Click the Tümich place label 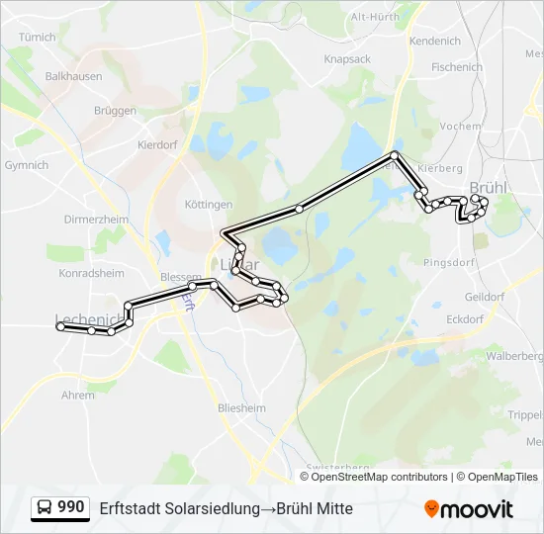point(38,37)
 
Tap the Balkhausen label point(72,74)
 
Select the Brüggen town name point(115,111)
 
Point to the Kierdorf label point(158,143)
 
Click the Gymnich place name point(27,165)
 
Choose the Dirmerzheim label point(96,219)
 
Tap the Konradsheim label point(92,273)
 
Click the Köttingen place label point(209,205)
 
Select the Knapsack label point(346,59)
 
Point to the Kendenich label point(435,42)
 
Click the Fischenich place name point(457,67)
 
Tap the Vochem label point(460,127)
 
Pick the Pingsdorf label point(449,264)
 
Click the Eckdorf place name point(465,319)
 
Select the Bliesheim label point(240,407)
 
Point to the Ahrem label point(78,395)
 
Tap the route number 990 point(70,507)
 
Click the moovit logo point(469,509)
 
